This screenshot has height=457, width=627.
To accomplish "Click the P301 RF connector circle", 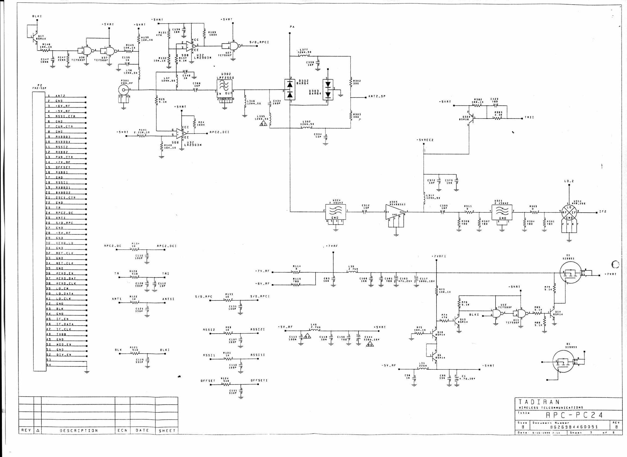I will click(124, 90).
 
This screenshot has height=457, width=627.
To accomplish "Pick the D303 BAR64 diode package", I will click(328, 89).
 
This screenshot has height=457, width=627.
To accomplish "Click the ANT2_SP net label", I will click(377, 96).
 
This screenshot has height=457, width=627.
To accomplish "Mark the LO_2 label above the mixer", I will click(569, 181).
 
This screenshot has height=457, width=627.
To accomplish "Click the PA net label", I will click(292, 27).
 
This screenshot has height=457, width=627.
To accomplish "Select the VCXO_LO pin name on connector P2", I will click(65, 243).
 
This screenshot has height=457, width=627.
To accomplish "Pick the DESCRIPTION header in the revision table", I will click(78, 431).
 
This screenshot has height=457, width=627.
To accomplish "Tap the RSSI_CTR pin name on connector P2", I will click(65, 116).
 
